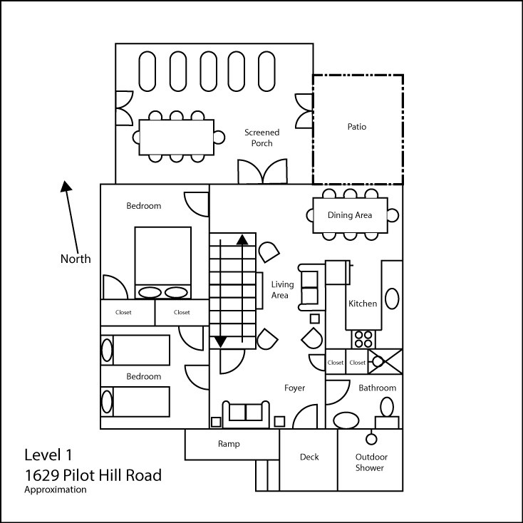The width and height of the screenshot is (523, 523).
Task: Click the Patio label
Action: [x=356, y=127]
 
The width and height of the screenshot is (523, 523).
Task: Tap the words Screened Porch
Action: [x=261, y=138]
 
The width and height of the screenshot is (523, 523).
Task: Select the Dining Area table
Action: [x=351, y=215]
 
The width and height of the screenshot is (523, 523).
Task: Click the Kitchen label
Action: [x=363, y=304]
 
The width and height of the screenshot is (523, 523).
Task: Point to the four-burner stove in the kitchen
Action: [x=363, y=339]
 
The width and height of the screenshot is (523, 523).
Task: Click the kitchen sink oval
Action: [x=392, y=299]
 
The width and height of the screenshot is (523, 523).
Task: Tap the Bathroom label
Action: [x=377, y=388]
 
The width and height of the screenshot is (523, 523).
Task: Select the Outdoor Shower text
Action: [x=371, y=462]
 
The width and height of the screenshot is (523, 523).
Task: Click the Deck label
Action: [x=309, y=457]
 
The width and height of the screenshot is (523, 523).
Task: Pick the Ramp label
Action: [x=229, y=444]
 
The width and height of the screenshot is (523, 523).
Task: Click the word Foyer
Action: [x=294, y=388]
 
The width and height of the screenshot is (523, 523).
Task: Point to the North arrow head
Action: [x=66, y=186]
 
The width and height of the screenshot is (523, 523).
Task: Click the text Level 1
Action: [x=48, y=455]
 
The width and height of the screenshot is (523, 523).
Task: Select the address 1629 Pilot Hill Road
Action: [x=93, y=475]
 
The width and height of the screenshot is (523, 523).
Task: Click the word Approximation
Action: [x=56, y=490]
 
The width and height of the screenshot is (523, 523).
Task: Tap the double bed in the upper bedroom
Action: [x=163, y=262]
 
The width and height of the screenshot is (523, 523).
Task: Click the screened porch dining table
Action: [x=177, y=137]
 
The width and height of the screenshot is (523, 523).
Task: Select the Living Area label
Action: [x=282, y=290]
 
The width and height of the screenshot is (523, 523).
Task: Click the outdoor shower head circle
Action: [x=371, y=439]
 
